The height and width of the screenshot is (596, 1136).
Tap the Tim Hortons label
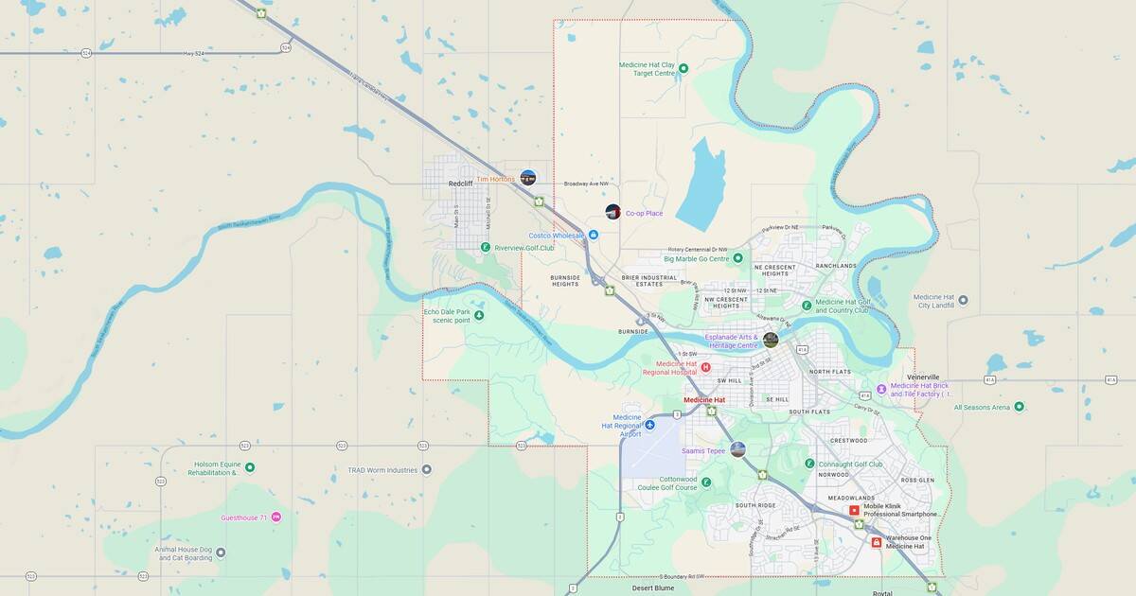pyautogui.click(x=495, y=179)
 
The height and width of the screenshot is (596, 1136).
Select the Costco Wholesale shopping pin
pyautogui.click(x=594, y=235)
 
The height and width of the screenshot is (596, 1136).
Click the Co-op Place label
pyautogui.click(x=644, y=213)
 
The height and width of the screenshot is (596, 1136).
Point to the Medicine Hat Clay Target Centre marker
pyautogui.click(x=683, y=68)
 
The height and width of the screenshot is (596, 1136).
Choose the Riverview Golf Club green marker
pyautogui.click(x=485, y=247)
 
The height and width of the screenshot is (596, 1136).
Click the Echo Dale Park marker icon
pyautogui.click(x=479, y=315)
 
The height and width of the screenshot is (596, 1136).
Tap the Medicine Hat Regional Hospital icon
pyautogui.click(x=705, y=366)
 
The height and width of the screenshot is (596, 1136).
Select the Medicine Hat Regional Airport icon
pyautogui.click(x=649, y=425)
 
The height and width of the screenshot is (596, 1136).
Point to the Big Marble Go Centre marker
pyautogui.click(x=737, y=257)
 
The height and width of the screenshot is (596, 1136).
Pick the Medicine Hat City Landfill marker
pyautogui.click(x=963, y=300)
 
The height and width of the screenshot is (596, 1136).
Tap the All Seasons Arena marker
pyautogui.click(x=1019, y=407)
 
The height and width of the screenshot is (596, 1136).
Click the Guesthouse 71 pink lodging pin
pyautogui.click(x=276, y=517)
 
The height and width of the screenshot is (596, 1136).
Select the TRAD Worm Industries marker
pyautogui.click(x=426, y=469)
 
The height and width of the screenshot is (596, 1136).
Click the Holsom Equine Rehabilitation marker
pyautogui.click(x=250, y=467)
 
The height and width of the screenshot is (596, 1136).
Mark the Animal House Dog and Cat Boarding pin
pyautogui.click(x=221, y=552)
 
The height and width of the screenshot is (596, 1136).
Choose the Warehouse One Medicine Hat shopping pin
pyautogui.click(x=876, y=542)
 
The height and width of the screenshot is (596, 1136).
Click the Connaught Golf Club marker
pyautogui.click(x=809, y=464)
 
